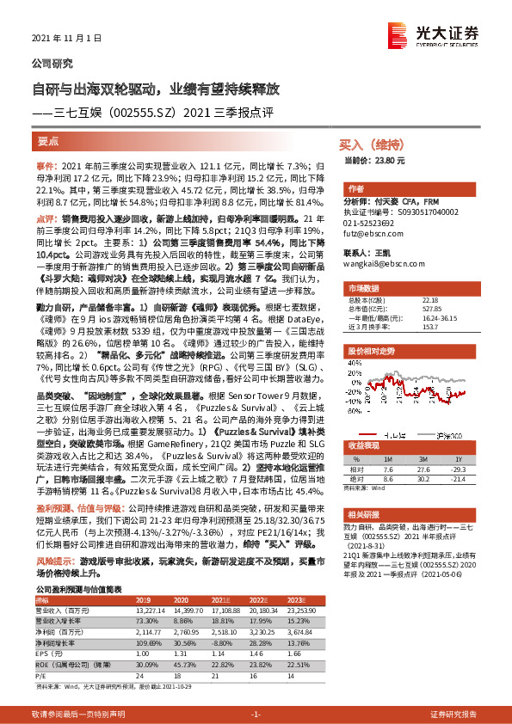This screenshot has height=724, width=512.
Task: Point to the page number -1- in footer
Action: (x=255, y=715)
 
